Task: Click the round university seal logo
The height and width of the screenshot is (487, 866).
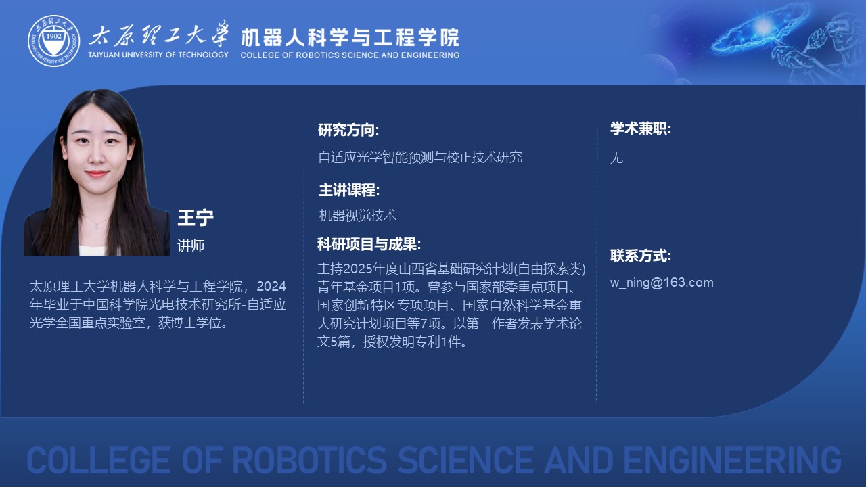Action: [53, 41]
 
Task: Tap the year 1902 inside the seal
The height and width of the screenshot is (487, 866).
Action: [53, 37]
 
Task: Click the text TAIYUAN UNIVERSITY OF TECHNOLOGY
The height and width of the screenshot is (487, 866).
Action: [158, 55]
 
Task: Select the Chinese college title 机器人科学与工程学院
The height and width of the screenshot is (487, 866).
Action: [350, 37]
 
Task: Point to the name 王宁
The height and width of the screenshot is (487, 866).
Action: [196, 218]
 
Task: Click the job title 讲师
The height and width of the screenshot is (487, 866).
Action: [191, 246]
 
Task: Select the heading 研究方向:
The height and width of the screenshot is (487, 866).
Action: [348, 130]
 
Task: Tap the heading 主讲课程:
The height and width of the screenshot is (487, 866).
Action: [349, 190]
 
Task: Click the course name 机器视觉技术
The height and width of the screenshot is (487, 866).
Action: [358, 215]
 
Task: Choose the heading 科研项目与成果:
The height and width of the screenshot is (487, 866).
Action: [369, 244]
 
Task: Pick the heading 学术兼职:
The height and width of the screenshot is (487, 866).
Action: [641, 129]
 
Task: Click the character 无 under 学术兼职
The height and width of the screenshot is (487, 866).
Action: [616, 158]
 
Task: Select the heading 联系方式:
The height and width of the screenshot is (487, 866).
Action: [641, 256]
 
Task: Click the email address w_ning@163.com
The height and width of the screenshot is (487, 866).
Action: [662, 283]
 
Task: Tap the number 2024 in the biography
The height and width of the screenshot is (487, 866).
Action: [271, 286]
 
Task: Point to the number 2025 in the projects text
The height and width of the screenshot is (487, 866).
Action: [358, 269]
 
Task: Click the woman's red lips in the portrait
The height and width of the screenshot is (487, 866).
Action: [96, 174]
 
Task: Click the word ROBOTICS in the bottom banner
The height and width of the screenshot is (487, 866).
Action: [310, 460]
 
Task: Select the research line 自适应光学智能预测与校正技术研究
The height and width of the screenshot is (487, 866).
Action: [420, 158]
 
